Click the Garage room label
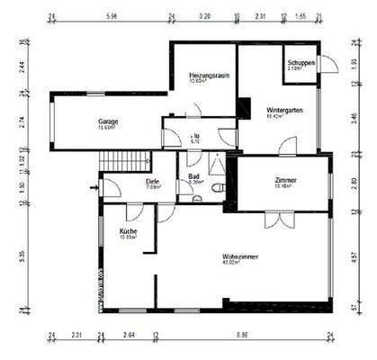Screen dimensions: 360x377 [110, 121]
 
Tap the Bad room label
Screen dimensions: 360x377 [193, 175]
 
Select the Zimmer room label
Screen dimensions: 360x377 [285, 181]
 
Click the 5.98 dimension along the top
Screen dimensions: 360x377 [112, 15]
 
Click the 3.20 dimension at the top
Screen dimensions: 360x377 [204, 15]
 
